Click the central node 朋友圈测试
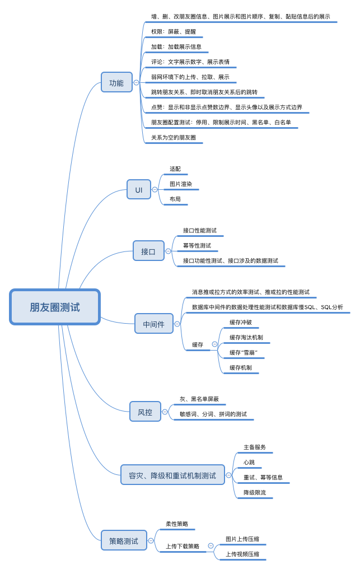[55, 307]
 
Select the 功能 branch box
[116, 82]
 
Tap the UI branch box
[139, 189]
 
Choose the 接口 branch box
[148, 251]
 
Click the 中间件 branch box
[154, 324]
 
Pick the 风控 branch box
[145, 412]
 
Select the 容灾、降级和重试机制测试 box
[172, 475]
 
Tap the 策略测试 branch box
[124, 540]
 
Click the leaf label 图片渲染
[181, 184]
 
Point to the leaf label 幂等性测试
[197, 245]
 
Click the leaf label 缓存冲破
[241, 322]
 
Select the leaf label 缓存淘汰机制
[246, 337]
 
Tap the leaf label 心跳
[249, 462]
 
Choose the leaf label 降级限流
[255, 492]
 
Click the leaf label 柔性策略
[177, 524]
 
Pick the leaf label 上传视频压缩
[242, 554]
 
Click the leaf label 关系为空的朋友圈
[174, 137]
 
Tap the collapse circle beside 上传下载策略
[211, 545]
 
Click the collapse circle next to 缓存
[214, 344]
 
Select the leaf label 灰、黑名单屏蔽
[199, 399]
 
